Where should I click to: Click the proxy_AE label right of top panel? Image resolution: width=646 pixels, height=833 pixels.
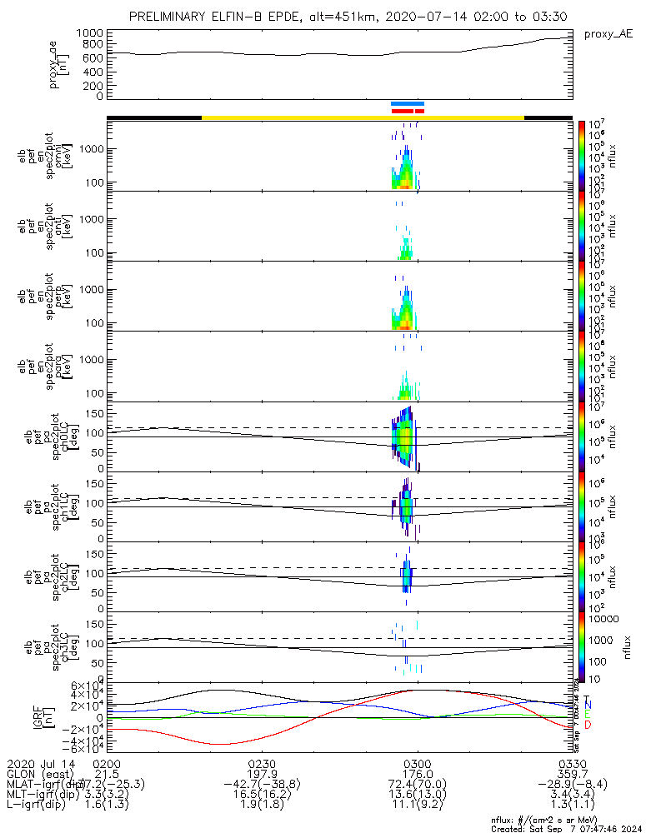point(608,34)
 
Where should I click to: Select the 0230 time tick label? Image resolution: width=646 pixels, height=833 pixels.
point(262,763)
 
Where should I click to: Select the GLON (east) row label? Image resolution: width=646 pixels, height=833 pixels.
point(40,774)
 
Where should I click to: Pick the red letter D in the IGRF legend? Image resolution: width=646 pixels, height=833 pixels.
point(587,726)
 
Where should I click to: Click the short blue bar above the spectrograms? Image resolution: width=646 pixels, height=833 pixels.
point(408,104)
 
